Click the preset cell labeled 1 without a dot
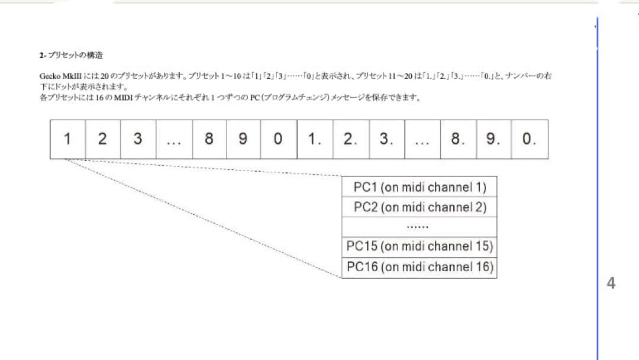click(x=67, y=139)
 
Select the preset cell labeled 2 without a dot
click(x=102, y=139)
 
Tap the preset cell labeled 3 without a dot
click(x=138, y=139)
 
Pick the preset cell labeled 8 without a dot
click(x=209, y=139)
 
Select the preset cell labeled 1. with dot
click(x=315, y=139)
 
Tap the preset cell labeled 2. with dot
click(x=351, y=139)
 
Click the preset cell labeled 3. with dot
click(x=386, y=139)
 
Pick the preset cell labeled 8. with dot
click(x=458, y=139)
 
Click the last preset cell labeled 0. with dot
click(x=530, y=139)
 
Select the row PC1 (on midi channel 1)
click(x=419, y=187)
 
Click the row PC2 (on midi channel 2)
click(x=419, y=207)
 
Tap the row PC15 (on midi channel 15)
click(x=419, y=246)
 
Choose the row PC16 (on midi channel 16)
click(x=419, y=267)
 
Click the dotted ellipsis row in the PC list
click(x=419, y=227)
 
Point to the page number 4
click(x=611, y=283)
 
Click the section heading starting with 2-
click(x=71, y=56)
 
